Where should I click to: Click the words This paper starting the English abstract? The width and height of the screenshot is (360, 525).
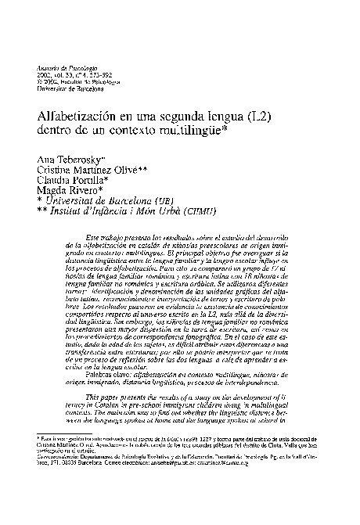click(x=111, y=397)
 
